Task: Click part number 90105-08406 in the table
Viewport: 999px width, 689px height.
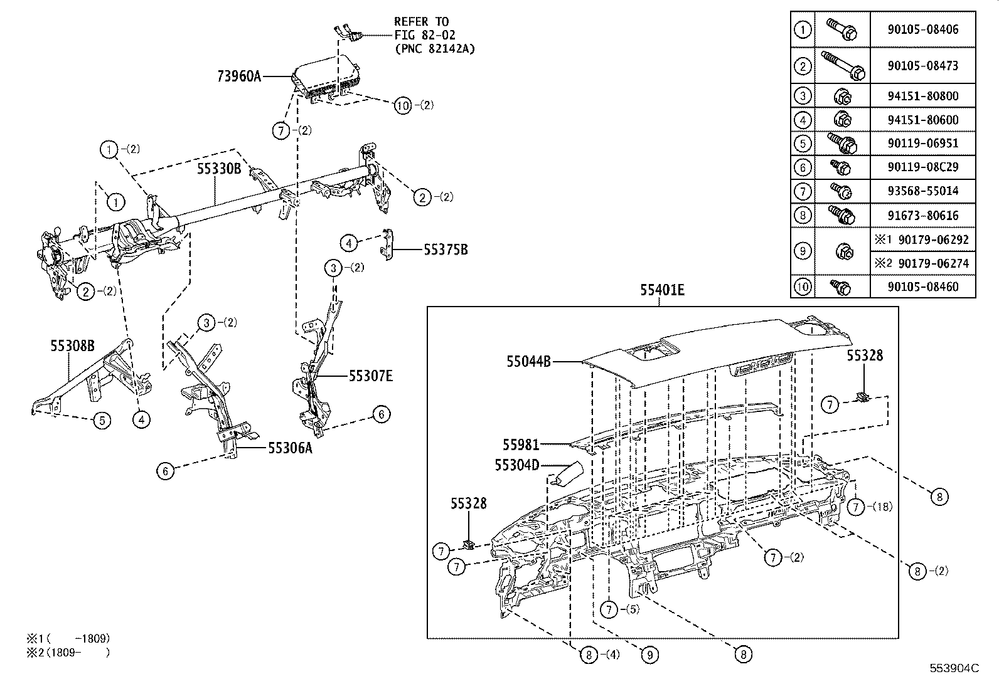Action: tap(922, 29)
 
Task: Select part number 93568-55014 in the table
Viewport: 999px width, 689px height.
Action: tap(922, 191)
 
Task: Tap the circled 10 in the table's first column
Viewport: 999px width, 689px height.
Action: tap(803, 287)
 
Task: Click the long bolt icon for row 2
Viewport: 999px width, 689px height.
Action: tap(843, 65)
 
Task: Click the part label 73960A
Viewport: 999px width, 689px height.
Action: tap(239, 76)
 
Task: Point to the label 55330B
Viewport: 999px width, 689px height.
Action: tap(219, 169)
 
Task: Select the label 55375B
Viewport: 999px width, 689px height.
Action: tap(446, 250)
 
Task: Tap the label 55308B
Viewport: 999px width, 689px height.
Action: tap(73, 345)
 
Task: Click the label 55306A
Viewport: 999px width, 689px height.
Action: tap(290, 448)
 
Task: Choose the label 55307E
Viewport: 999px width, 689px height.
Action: tap(371, 376)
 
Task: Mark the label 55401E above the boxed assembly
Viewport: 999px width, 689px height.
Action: tap(662, 290)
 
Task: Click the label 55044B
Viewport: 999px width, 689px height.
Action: tap(529, 361)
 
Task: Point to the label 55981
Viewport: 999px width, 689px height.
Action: tap(520, 444)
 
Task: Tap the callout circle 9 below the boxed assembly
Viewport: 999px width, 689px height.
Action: tap(649, 655)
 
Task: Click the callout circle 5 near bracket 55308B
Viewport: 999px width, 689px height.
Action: tap(102, 420)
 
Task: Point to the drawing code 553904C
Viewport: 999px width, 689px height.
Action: tap(954, 668)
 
